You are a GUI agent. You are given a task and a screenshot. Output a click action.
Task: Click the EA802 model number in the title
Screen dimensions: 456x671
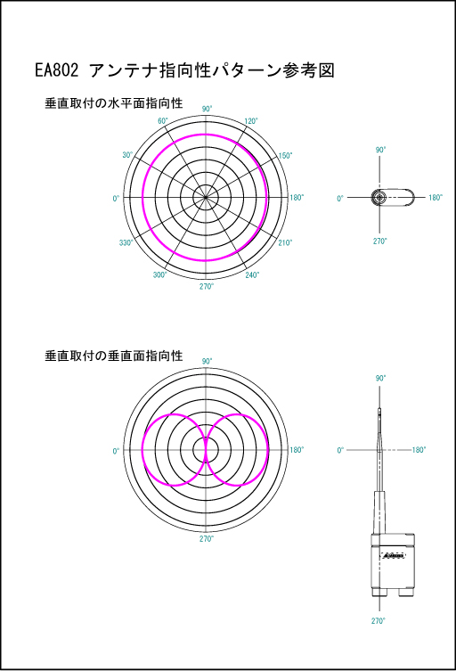57,70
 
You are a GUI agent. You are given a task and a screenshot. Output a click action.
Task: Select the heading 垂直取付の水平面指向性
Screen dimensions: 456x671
114,103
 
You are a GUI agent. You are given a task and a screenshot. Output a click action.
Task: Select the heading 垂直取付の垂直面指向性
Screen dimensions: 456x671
114,356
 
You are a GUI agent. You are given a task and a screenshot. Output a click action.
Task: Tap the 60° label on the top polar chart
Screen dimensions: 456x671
163,121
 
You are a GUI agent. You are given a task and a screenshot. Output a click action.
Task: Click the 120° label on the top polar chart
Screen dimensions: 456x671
251,121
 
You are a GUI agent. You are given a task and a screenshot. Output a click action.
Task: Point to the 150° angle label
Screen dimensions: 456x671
285,155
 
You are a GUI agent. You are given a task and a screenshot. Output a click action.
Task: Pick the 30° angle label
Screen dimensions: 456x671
127,154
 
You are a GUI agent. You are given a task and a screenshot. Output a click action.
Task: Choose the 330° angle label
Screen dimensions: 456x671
126,242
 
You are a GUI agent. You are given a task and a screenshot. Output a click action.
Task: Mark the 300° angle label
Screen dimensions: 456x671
159,274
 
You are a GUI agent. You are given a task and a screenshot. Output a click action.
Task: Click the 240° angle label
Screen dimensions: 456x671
252,274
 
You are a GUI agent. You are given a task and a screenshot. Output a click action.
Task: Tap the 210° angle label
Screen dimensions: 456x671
285,242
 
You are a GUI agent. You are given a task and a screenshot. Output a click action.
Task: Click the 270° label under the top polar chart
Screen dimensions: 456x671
207,286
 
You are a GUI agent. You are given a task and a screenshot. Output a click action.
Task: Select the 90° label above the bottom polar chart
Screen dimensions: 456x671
207,361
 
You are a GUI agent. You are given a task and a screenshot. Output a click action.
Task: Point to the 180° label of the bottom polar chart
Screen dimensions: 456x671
297,450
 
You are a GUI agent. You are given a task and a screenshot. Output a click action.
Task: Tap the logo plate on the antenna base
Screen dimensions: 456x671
393,555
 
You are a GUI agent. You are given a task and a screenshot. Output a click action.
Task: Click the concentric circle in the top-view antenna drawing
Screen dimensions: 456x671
379,198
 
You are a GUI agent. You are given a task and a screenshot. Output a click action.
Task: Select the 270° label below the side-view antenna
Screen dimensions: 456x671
379,620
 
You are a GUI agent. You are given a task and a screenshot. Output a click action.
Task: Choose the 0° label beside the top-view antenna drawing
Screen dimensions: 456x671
340,198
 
